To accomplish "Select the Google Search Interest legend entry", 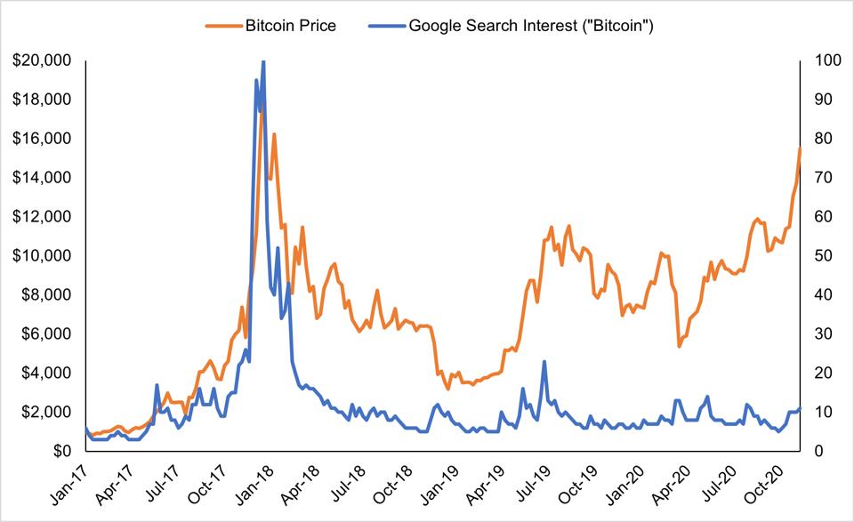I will (x=531, y=25).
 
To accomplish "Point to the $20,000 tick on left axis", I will (x=43, y=60).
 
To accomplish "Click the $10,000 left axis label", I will (x=43, y=255).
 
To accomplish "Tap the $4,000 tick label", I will (x=46, y=373).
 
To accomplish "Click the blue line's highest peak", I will (x=262, y=61).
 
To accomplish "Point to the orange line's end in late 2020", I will (x=801, y=148).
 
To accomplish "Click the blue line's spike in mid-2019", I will (x=544, y=361).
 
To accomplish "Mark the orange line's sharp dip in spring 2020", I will (x=679, y=346).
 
